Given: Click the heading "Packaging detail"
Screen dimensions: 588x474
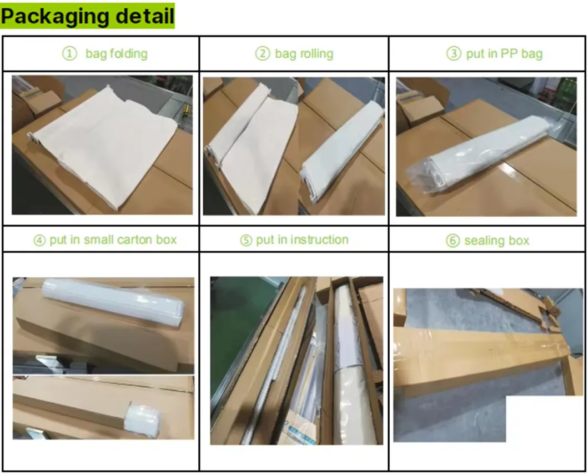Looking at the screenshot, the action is click(87, 16).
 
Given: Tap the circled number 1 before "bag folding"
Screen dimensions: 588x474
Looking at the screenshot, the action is click(69, 54).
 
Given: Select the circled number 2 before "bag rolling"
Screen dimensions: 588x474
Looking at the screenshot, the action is click(263, 54).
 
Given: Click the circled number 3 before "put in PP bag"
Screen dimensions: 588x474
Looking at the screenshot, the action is click(454, 54).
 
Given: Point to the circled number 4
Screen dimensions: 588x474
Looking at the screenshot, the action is click(39, 240).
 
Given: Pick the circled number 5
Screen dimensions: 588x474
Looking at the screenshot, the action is click(245, 240).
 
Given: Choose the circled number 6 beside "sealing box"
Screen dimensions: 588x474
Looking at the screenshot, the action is click(453, 241).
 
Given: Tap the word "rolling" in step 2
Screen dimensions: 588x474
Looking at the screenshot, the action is click(316, 54).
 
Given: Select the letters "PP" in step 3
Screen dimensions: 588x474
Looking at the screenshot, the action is click(509, 54).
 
